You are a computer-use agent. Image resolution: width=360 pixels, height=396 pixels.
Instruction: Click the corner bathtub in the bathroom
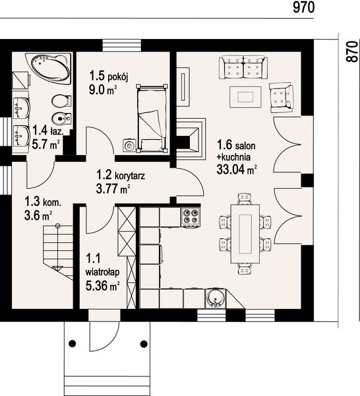coord(49,67)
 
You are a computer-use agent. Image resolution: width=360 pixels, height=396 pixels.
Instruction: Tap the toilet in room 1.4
coord(61,101)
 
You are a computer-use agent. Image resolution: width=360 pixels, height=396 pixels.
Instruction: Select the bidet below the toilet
coord(61,118)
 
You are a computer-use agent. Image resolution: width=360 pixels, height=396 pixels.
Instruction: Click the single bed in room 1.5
coord(152,118)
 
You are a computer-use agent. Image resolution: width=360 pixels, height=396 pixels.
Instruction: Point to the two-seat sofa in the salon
coord(243,67)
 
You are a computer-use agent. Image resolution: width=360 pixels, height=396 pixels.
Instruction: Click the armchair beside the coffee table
coord(282,97)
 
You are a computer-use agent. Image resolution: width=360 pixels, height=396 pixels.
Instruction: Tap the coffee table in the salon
coord(245,97)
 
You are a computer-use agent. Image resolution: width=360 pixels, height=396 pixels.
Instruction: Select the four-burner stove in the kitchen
coord(190,216)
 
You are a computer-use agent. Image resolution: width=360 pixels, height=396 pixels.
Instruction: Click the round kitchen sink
coord(215,298)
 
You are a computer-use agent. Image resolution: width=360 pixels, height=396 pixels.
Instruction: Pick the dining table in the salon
coord(245,234)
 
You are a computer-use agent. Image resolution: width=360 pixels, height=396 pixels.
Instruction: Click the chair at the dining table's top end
coord(245,199)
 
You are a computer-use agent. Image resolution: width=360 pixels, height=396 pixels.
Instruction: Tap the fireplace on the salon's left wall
coord(191,139)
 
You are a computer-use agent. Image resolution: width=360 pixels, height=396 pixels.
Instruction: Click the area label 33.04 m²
coord(237,170)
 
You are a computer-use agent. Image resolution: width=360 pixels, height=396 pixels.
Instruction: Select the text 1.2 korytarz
coord(121,175)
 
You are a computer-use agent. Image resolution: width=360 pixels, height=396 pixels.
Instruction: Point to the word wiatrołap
coord(102,272)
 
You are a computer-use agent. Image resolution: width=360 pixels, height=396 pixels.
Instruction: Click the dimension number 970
coord(304,7)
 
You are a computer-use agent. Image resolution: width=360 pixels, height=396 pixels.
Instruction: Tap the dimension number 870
coord(351,51)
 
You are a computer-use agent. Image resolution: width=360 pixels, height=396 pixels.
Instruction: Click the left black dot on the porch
coord(73,343)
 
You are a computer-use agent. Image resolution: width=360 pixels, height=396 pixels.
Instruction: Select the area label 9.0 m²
coord(103,89)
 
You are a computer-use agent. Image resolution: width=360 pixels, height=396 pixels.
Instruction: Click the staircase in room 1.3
coord(59,253)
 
